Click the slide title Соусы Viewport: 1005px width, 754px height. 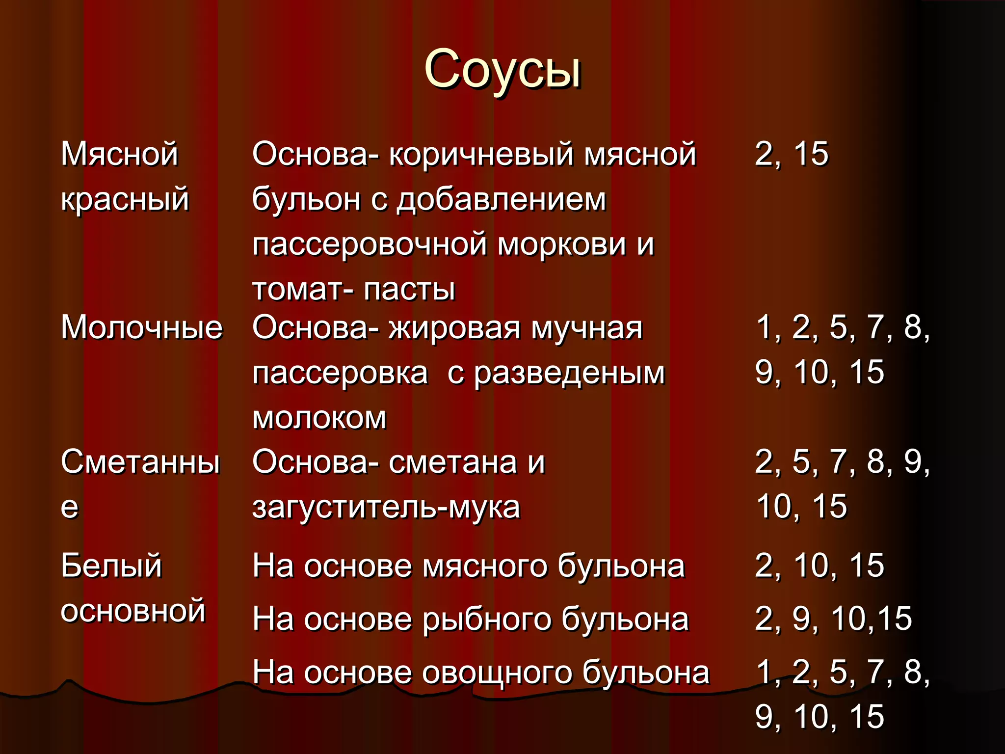(x=502, y=70)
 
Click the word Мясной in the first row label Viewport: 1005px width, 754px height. (x=119, y=154)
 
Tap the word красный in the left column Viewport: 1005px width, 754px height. (x=125, y=199)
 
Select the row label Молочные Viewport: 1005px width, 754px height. (x=141, y=327)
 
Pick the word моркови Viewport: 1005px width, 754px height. (x=561, y=244)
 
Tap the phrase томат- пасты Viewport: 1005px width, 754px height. (x=353, y=290)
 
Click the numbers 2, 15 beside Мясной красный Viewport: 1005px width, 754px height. (x=791, y=154)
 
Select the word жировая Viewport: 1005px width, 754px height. (x=454, y=327)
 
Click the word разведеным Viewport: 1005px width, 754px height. (x=569, y=373)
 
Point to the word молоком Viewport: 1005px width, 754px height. (x=319, y=418)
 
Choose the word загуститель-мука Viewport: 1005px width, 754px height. (x=386, y=508)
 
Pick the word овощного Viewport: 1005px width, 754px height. (x=497, y=673)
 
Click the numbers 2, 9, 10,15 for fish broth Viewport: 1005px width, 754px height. (x=833, y=619)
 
